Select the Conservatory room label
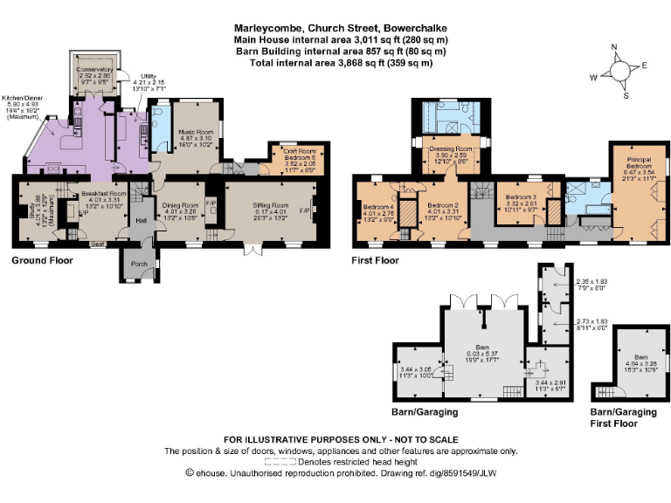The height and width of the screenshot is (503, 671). point(94,69)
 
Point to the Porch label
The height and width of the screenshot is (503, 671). point(138,263)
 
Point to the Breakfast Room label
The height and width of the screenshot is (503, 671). point(104,193)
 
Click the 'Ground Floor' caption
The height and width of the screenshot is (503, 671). point(42,260)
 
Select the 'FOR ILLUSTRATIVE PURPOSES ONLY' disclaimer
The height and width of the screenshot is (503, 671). point(341,439)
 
